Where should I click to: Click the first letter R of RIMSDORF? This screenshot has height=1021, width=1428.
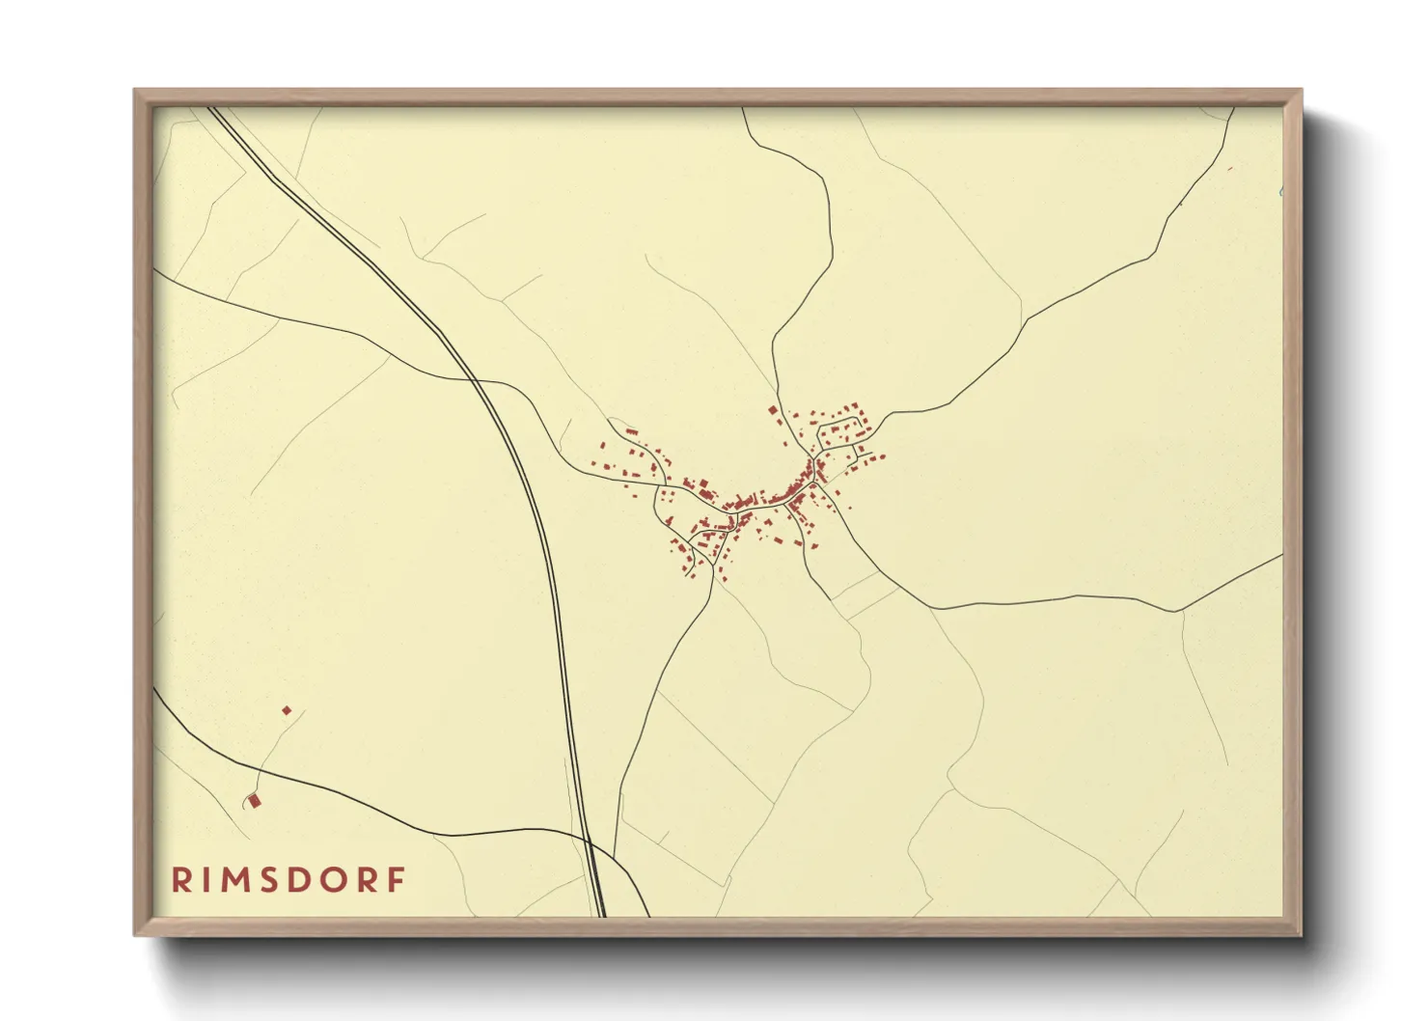179,879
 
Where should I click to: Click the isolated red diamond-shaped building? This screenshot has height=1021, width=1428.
287,710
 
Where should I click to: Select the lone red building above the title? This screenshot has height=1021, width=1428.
255,800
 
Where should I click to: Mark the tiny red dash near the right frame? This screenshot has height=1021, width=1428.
1230,169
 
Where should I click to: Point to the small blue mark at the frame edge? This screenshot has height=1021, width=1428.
1279,192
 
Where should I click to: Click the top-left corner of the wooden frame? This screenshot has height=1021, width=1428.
135,91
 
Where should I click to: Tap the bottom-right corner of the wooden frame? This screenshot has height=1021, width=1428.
1301,934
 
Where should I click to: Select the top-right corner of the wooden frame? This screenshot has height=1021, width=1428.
1301,91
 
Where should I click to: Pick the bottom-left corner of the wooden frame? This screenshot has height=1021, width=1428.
135,934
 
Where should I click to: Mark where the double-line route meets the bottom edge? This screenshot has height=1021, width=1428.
600,915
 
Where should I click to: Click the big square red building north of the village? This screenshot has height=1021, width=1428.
773,411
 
